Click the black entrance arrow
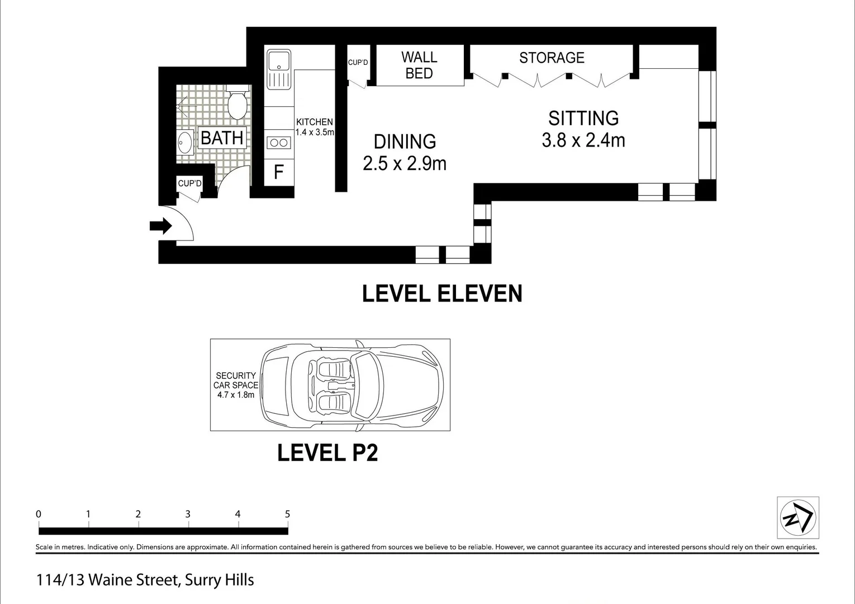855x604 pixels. (x=161, y=226)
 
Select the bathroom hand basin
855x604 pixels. (x=185, y=143)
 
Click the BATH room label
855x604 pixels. (x=222, y=138)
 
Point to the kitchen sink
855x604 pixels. (x=278, y=69)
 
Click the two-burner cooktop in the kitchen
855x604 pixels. (x=278, y=143)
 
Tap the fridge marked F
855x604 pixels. (x=278, y=172)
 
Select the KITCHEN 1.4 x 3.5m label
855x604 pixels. (x=314, y=127)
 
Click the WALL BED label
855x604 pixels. (x=419, y=65)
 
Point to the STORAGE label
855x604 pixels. (x=552, y=58)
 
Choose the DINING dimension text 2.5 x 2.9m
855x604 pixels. (x=405, y=163)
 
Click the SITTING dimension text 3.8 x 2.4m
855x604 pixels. (x=583, y=140)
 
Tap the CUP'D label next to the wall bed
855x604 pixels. (x=358, y=63)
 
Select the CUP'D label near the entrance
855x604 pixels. (x=189, y=183)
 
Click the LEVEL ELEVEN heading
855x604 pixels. (x=442, y=294)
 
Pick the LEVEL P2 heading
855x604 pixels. (x=327, y=453)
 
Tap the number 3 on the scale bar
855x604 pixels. (x=188, y=514)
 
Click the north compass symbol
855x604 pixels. (x=798, y=517)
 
